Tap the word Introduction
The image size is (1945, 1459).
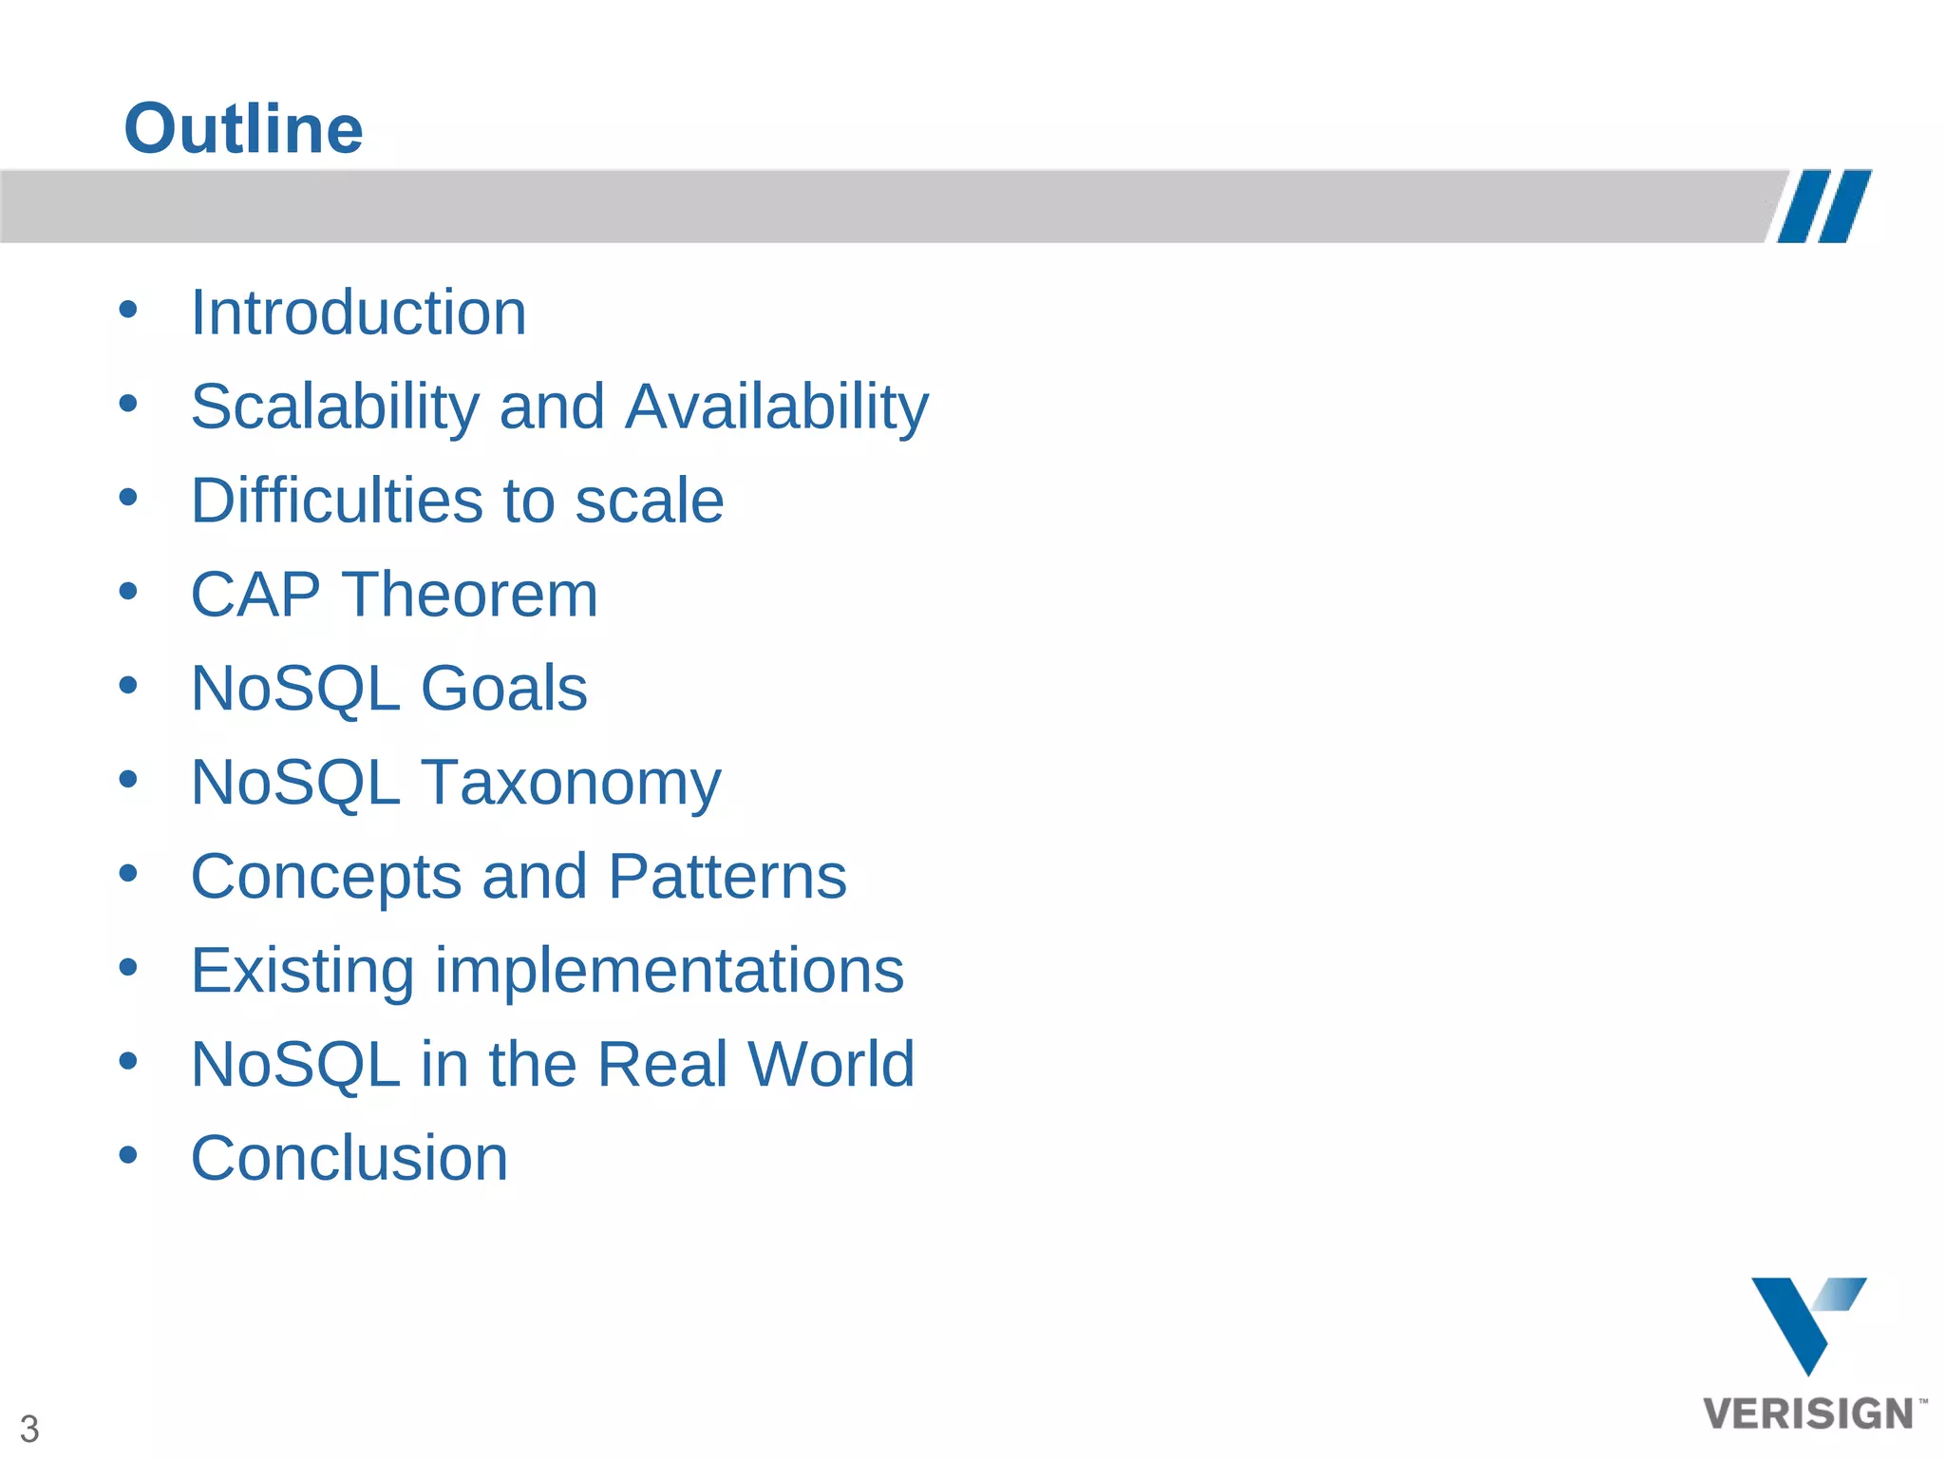click(358, 313)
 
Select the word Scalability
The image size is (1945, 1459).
click(335, 407)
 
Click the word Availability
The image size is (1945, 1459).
click(777, 407)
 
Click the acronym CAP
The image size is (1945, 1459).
click(255, 595)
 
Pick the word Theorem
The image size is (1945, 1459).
click(470, 595)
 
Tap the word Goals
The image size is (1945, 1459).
click(503, 688)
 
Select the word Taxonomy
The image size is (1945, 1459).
click(571, 783)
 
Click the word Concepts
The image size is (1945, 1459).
click(326, 876)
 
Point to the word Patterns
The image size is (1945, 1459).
click(727, 876)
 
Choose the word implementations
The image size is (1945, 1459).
click(670, 970)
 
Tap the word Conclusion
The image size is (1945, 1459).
click(349, 1158)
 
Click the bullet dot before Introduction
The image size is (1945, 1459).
click(128, 309)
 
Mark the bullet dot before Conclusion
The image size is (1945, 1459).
click(128, 1155)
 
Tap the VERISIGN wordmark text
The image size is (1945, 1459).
click(1808, 1413)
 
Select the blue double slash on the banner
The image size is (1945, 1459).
click(1823, 206)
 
